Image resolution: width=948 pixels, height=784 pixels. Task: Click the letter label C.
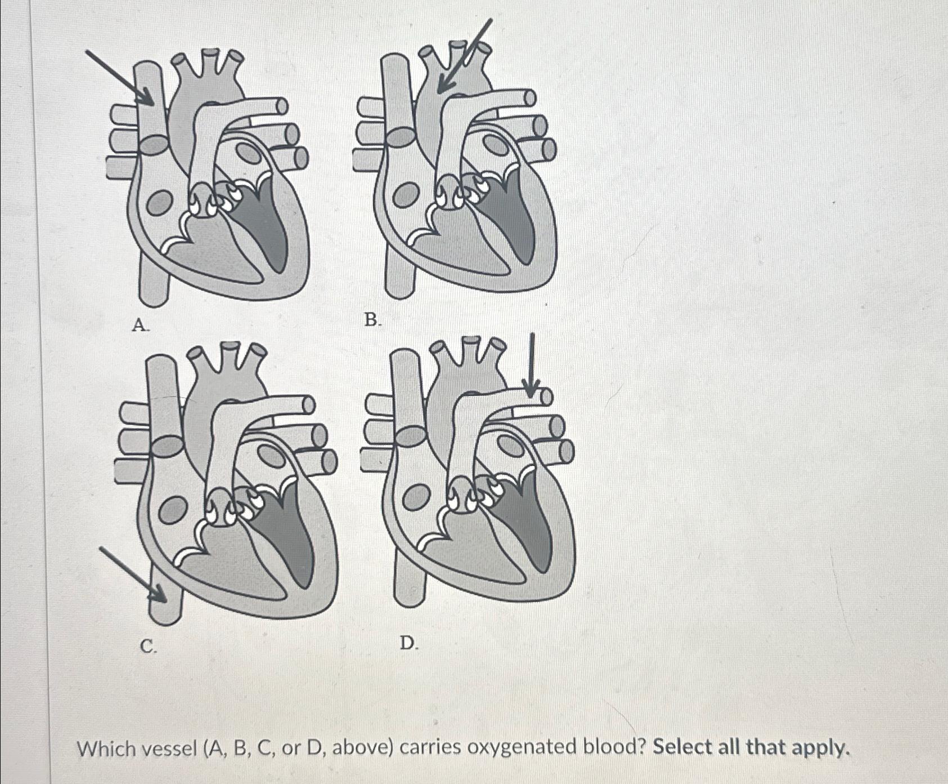[x=149, y=647]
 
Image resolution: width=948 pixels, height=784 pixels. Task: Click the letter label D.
[x=409, y=643]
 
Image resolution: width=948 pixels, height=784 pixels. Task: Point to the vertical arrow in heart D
[x=531, y=365]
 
